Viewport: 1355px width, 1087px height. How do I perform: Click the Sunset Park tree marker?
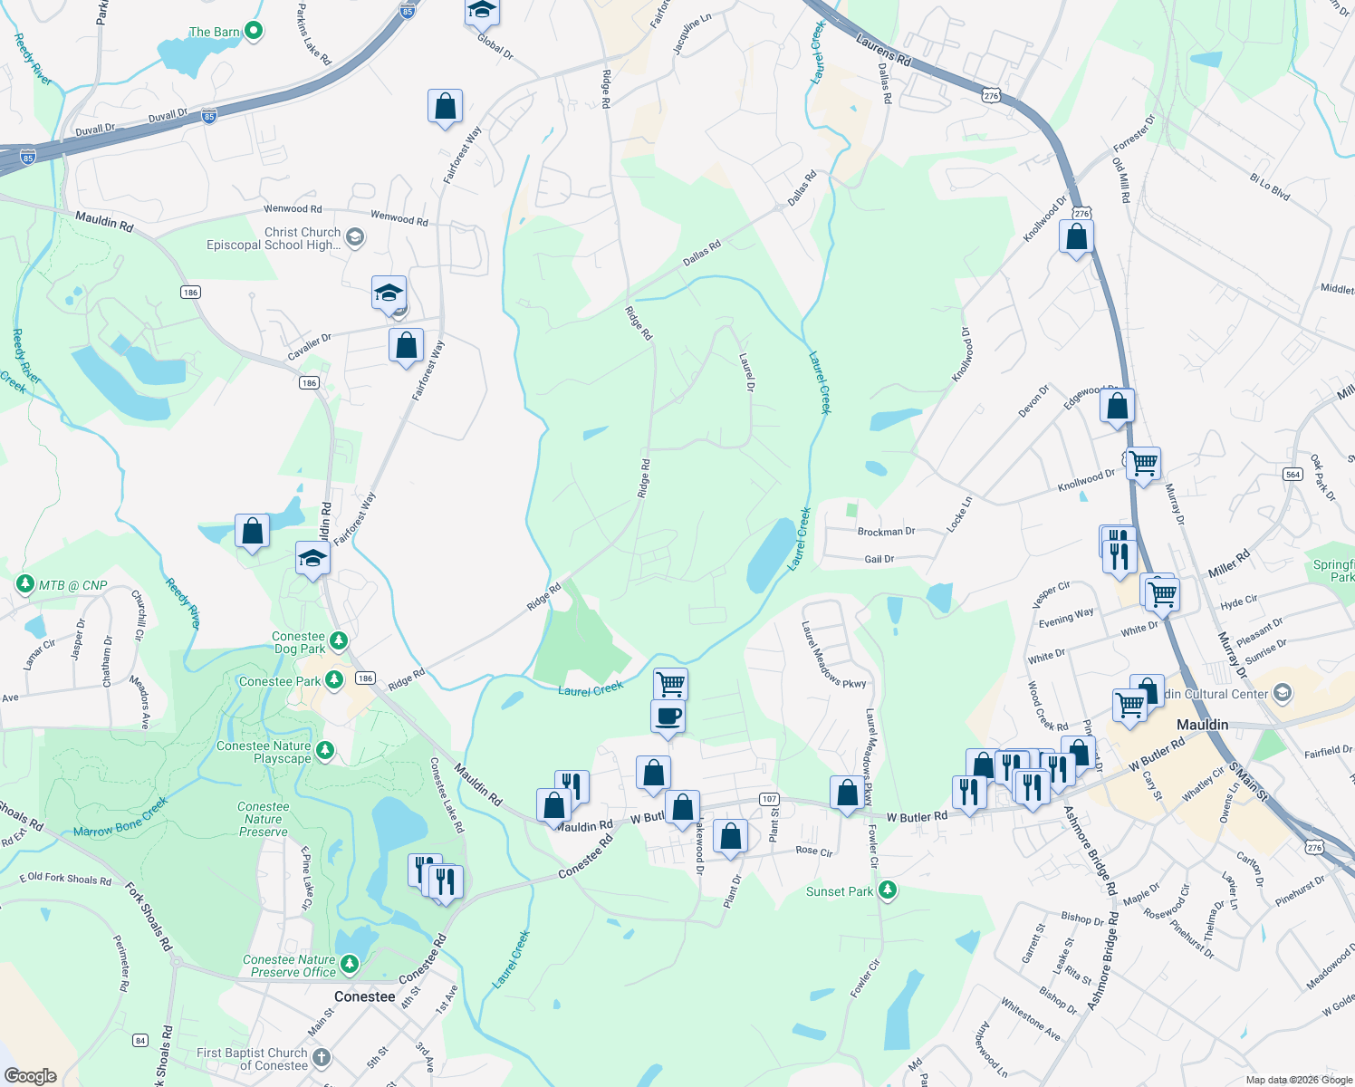click(888, 890)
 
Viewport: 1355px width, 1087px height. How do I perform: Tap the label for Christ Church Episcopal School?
click(274, 238)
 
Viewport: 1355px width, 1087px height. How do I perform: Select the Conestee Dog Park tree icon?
click(339, 641)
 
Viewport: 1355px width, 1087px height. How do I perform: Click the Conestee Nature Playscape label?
click(264, 752)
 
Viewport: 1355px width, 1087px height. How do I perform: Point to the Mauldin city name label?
click(1202, 725)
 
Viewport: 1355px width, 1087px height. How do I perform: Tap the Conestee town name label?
click(364, 996)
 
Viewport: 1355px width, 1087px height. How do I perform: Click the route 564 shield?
click(1293, 475)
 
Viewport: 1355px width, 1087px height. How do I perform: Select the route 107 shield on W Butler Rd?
click(769, 798)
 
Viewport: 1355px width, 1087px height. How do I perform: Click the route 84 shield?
click(140, 1040)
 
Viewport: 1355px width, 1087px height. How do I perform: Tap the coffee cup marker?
click(668, 716)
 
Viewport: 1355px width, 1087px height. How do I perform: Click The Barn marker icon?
click(254, 31)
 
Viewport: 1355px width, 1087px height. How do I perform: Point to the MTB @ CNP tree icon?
click(24, 584)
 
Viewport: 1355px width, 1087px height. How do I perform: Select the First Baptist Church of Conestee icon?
click(322, 1057)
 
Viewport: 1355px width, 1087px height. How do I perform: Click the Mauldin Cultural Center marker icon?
click(1282, 694)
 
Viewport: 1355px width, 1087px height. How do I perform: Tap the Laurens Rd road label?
click(883, 50)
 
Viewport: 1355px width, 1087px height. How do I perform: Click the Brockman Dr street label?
click(886, 532)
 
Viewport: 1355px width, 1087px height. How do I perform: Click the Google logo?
click(30, 1076)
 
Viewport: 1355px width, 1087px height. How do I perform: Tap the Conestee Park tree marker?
click(333, 679)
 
